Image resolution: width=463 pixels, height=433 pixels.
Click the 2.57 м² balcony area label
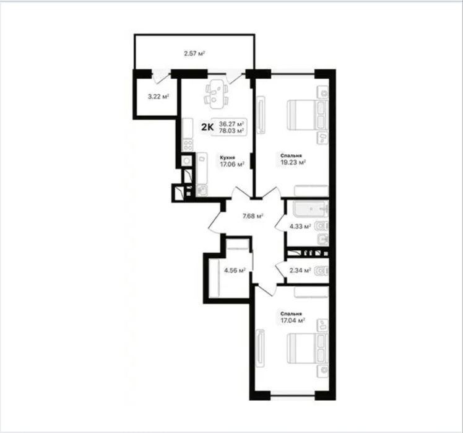click(194, 54)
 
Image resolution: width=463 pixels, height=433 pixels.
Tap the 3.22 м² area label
click(158, 97)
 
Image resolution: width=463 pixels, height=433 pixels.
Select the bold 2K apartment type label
click(207, 127)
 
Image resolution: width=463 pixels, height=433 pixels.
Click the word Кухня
click(227, 158)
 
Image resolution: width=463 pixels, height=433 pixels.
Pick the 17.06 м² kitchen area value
click(232, 164)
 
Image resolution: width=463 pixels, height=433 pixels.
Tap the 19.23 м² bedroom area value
click(293, 162)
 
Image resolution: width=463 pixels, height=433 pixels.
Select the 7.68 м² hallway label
click(253, 216)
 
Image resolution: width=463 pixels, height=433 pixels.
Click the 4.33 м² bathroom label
click(300, 226)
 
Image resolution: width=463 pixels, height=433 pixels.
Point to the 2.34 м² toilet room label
click(300, 270)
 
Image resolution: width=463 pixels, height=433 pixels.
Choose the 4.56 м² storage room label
click(235, 270)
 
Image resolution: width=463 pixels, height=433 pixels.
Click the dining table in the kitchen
click(217, 94)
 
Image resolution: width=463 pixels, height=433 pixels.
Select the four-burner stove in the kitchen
click(188, 146)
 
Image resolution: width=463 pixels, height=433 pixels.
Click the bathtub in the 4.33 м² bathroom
click(311, 209)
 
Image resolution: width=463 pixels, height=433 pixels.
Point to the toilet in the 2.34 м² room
click(321, 271)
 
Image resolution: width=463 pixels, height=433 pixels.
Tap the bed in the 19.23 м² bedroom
click(308, 115)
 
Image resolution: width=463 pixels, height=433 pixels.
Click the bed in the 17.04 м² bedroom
click(308, 349)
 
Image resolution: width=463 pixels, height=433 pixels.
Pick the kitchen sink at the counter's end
click(202, 190)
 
